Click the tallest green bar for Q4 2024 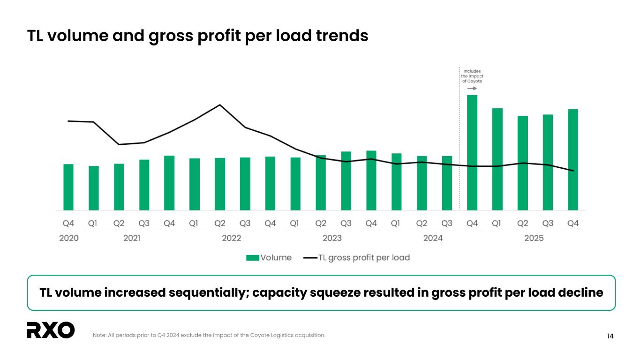click(472, 152)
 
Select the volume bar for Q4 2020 click(68, 187)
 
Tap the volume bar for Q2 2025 click(523, 163)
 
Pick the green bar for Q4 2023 click(371, 180)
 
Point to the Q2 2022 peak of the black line click(220, 105)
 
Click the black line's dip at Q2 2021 click(119, 144)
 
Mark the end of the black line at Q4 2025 click(573, 171)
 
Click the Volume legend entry click(269, 257)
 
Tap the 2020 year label click(68, 238)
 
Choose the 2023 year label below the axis click(332, 238)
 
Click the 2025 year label click(534, 238)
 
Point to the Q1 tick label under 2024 click(396, 224)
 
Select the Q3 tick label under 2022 click(245, 224)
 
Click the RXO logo click(51, 330)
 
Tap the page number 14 click(610, 336)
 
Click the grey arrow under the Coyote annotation click(472, 88)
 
